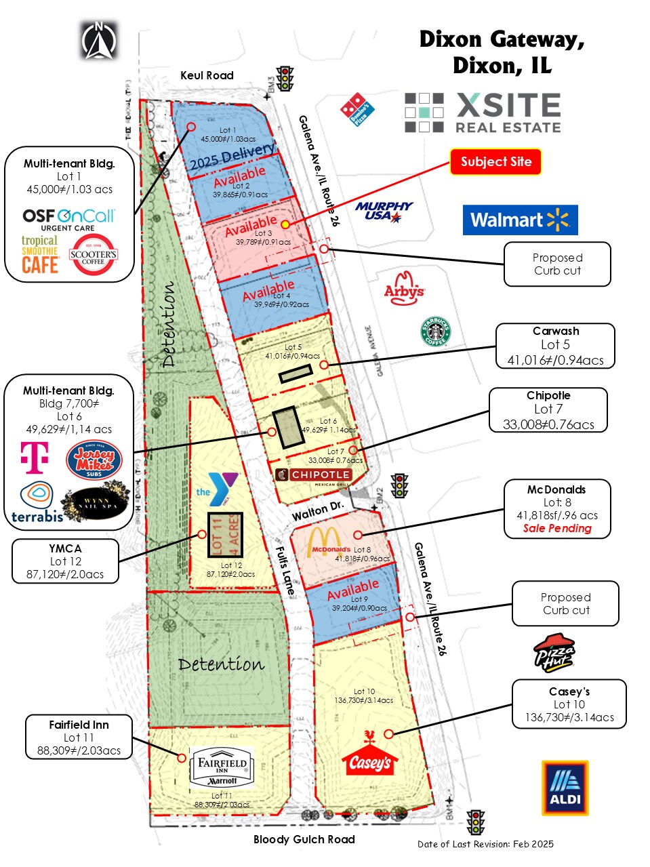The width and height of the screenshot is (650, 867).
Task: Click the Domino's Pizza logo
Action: (x=357, y=109)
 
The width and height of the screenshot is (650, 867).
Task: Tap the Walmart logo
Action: (x=520, y=220)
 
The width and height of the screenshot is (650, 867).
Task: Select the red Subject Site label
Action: (x=495, y=162)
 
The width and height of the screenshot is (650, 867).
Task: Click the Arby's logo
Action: (x=404, y=288)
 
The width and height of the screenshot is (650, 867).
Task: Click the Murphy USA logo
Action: (x=384, y=211)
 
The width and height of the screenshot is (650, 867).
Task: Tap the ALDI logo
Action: (x=565, y=788)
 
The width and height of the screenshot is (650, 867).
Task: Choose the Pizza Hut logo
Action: (x=554, y=653)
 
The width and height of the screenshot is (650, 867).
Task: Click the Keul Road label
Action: (x=207, y=75)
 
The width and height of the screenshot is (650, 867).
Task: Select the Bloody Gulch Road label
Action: (x=304, y=839)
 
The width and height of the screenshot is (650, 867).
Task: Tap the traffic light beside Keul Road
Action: (x=285, y=79)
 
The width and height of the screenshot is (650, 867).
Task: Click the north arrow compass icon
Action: (x=99, y=40)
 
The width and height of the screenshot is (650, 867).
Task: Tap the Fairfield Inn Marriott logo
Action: (x=222, y=767)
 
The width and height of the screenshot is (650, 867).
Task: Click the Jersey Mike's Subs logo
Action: (x=94, y=460)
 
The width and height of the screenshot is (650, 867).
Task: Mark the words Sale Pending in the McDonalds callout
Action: (x=557, y=528)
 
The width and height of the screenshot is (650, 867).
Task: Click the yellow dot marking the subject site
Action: (x=285, y=224)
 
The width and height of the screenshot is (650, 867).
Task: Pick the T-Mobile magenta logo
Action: (x=35, y=457)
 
